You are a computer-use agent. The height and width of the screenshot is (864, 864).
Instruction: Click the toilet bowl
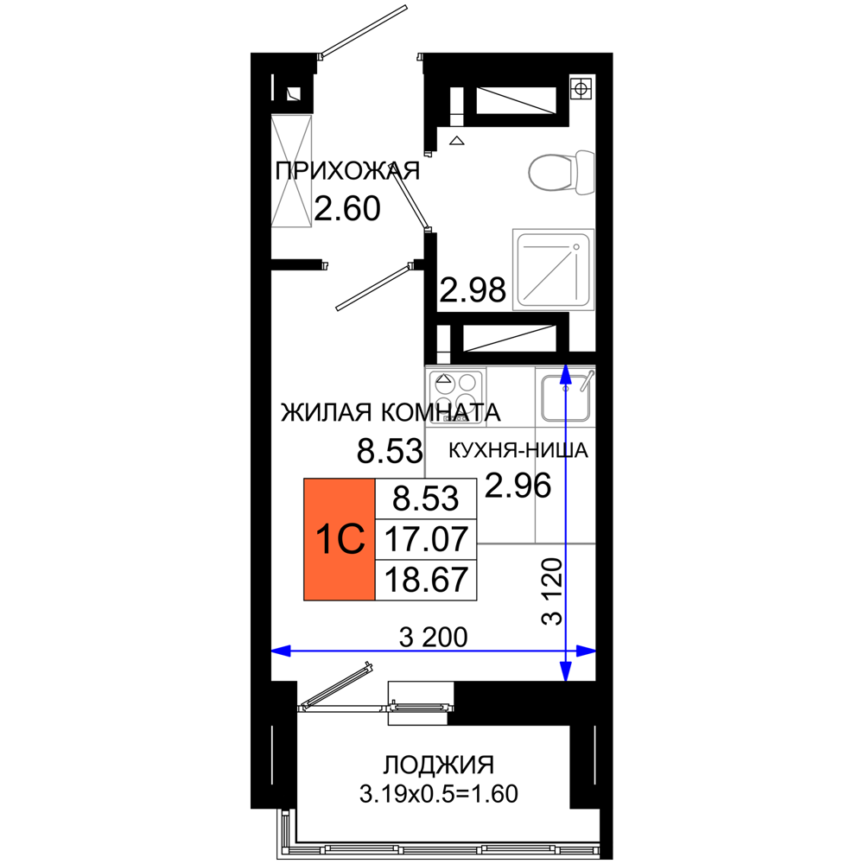[x=551, y=172]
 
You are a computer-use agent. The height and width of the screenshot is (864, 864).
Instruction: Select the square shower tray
[x=553, y=270]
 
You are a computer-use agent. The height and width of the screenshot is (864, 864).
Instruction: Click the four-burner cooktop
[x=455, y=386]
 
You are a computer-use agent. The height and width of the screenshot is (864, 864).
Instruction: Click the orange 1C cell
[x=339, y=539]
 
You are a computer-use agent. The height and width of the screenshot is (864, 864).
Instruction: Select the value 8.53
[x=425, y=499]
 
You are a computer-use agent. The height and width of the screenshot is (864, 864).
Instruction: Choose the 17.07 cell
[x=425, y=540]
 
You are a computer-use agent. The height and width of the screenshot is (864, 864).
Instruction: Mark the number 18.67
[x=425, y=580]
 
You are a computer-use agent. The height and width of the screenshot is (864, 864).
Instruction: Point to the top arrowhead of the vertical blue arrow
[x=565, y=374]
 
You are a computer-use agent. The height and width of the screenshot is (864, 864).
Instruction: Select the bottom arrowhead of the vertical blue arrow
[x=565, y=672]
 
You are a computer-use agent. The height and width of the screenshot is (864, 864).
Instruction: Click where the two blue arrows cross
[x=565, y=651]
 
